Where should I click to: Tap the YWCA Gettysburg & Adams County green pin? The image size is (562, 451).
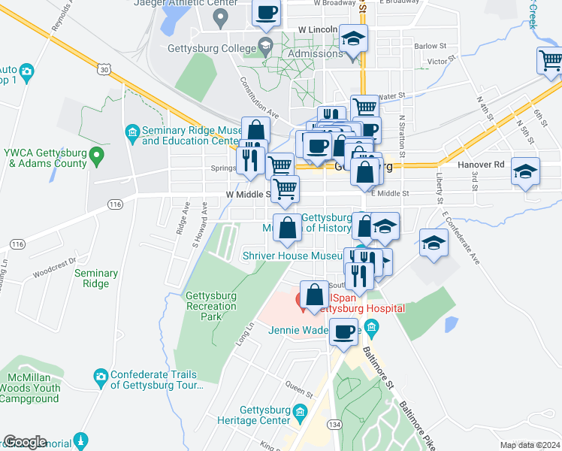tap(96, 157)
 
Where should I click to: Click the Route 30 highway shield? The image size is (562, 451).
tap(104, 70)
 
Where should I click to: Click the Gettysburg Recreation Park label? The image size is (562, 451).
tap(210, 306)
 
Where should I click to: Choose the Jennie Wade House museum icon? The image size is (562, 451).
tap(378, 328)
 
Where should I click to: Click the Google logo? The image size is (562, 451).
tap(25, 442)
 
